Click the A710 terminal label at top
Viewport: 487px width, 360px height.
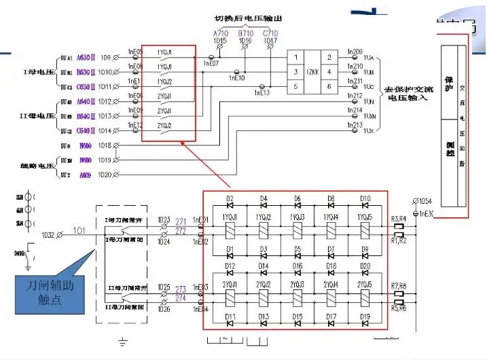tap(221, 33)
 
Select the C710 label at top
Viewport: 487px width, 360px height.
tap(270, 33)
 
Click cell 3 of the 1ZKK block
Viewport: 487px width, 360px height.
tap(296, 71)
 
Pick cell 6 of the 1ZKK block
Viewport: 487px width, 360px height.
tap(329, 86)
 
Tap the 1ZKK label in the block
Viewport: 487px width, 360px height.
tap(313, 71)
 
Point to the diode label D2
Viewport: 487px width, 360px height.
tap(230, 199)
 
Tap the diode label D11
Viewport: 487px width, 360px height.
tap(230, 317)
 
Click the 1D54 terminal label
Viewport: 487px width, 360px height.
tap(425, 201)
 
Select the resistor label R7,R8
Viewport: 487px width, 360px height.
tap(399, 286)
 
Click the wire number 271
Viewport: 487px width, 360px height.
tap(181, 221)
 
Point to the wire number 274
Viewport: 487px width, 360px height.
tap(181, 299)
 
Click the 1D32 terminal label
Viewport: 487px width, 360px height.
tap(48, 235)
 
